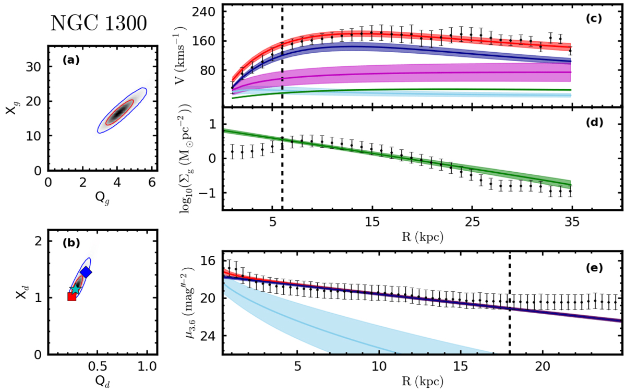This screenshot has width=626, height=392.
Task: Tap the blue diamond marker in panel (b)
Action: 86,272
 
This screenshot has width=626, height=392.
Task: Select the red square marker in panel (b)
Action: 72,296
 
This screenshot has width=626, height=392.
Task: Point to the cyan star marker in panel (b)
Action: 76,289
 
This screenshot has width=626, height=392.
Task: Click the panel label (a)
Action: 70,60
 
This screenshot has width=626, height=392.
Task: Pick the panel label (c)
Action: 594,19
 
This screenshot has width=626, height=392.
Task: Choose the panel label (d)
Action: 594,123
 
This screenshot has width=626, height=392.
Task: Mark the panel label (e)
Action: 594,268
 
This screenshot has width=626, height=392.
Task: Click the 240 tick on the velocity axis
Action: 209,11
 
